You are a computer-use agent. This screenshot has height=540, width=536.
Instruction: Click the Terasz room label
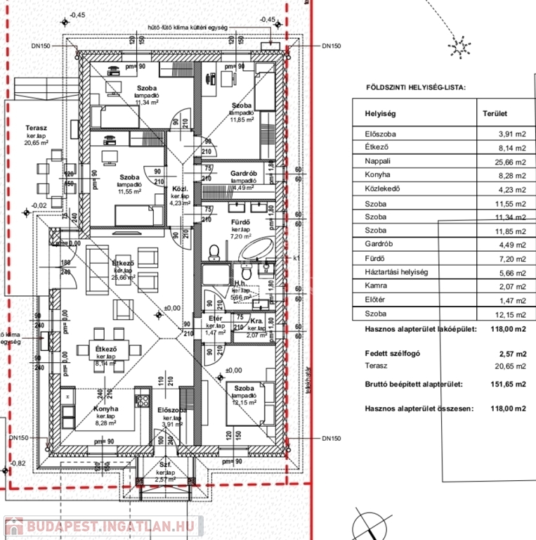36,129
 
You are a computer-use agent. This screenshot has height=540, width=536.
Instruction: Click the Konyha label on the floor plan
105,409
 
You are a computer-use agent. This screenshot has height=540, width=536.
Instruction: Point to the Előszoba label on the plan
171,411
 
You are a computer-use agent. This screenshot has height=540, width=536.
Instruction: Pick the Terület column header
495,112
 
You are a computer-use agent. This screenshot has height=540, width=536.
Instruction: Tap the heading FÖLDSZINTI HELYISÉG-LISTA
416,89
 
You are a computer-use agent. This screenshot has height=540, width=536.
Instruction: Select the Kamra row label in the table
376,286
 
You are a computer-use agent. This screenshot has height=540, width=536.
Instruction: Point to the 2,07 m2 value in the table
511,286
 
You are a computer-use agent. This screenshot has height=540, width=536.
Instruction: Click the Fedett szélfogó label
393,354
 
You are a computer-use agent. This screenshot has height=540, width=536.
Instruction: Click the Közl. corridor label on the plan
179,190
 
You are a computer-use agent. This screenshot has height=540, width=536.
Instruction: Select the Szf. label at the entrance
166,465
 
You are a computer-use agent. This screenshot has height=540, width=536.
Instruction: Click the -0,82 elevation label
18,463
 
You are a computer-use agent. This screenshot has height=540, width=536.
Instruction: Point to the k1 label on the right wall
297,258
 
